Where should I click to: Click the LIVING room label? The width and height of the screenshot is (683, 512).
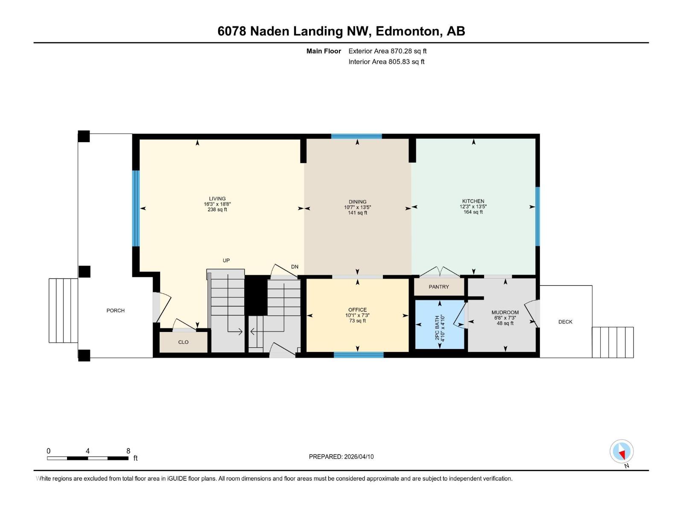pos(217,198)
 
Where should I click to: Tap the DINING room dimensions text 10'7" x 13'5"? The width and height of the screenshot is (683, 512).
pos(357,207)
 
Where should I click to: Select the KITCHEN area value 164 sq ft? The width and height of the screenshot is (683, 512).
pos(473,212)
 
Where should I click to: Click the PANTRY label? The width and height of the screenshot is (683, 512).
pos(439,287)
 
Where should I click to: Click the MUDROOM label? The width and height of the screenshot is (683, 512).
pos(505,312)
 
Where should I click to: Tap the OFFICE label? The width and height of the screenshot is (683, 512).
pos(357,310)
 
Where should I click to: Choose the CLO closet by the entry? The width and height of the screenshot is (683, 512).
pos(183,342)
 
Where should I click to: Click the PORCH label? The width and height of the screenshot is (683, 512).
pos(115,311)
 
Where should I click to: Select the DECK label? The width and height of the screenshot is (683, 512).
pos(565,322)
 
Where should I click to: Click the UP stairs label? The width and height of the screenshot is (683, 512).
pos(226,260)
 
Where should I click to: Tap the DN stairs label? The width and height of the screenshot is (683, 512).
pos(295,267)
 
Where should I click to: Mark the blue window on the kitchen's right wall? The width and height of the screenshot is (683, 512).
pos(537,216)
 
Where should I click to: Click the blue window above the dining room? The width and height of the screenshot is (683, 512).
pos(356,137)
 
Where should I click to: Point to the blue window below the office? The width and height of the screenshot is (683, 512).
pos(359,355)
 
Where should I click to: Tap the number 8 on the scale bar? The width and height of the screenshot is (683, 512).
pos(128,451)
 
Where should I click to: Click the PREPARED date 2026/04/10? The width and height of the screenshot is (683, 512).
pos(358,457)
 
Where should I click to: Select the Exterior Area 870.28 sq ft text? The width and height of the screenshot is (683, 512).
pos(387,51)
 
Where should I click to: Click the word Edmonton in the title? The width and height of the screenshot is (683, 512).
pos(409,31)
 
